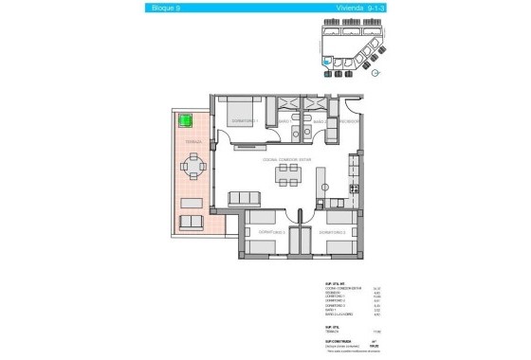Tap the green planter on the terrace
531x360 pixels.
point(187,121)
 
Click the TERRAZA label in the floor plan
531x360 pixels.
point(192,141)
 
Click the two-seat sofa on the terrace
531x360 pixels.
point(192,222)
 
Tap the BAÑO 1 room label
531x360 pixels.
point(284,122)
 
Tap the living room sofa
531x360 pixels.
point(245,198)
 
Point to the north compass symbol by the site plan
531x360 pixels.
point(376,72)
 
